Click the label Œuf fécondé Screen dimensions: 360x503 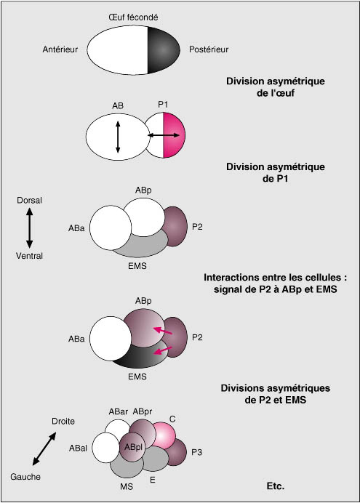133,17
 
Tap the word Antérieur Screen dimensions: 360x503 60,49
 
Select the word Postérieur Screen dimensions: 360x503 209,49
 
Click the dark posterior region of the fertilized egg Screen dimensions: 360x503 163,50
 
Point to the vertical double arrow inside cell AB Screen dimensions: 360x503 118,137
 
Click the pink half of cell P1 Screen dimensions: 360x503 174,135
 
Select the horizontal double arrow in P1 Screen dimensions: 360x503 164,135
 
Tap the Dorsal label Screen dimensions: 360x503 30,200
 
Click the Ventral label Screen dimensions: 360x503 30,256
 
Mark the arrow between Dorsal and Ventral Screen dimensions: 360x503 30,228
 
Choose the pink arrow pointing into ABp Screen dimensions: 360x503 163,331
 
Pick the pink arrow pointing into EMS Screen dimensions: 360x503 163,350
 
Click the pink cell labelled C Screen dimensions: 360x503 164,435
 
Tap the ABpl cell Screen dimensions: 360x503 133,447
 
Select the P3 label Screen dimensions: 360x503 196,452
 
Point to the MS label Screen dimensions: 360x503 127,486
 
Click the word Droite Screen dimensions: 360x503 63,421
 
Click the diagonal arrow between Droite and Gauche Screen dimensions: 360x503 44,448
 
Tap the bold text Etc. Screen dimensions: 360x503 276,486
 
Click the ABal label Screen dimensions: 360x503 78,448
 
